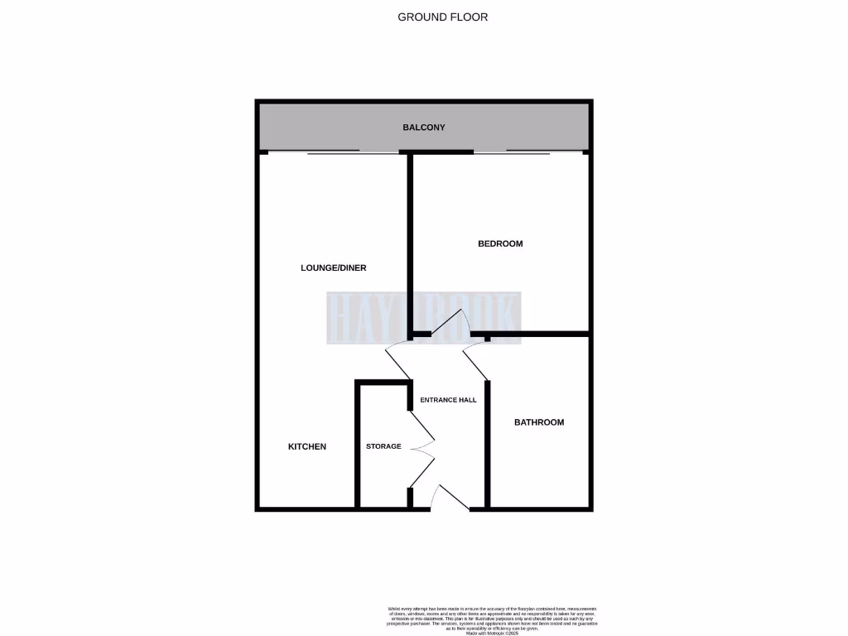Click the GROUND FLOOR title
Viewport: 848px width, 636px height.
442,17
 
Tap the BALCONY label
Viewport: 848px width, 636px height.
424,128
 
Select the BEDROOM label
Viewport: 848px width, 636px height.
500,243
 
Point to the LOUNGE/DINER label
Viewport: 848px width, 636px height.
333,268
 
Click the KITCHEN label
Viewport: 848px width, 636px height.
306,446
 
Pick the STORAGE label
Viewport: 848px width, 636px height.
383,446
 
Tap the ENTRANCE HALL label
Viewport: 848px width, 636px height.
448,400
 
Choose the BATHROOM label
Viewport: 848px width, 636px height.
539,422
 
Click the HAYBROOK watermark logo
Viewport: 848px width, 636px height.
424,317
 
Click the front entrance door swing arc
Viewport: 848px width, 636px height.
449,497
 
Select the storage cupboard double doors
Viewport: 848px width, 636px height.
422,448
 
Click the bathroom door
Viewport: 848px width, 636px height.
475,363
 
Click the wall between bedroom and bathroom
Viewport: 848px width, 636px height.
538,335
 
